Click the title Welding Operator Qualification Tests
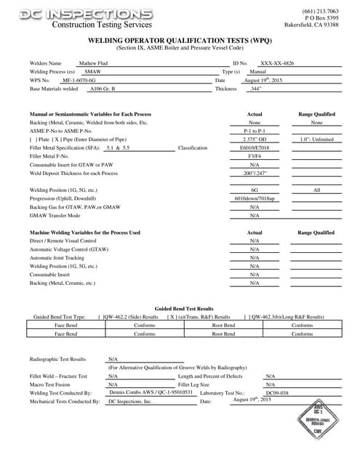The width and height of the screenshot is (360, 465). coord(180,42)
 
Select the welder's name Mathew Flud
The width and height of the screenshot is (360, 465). coord(92,64)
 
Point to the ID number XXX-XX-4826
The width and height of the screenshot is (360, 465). coord(278,64)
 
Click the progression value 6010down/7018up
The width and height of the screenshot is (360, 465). coord(255,198)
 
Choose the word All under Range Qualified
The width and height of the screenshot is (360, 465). coord(316,189)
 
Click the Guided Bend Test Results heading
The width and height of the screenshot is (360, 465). coord(184,309)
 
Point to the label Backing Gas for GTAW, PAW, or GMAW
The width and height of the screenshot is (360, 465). coord(75,206)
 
